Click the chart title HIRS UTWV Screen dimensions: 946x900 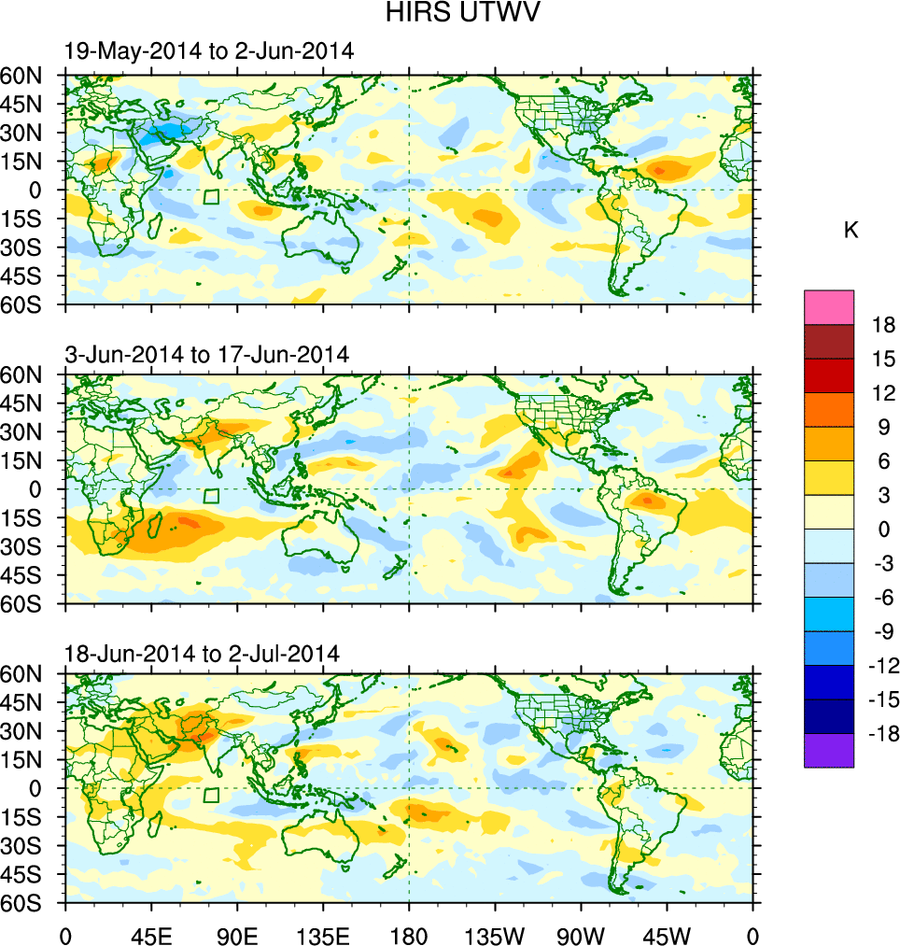click(451, 13)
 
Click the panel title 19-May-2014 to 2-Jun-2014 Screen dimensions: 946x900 click(209, 52)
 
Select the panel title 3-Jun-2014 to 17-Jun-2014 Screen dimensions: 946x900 click(206, 354)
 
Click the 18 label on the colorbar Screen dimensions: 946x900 click(883, 325)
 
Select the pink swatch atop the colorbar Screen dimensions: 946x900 click(828, 306)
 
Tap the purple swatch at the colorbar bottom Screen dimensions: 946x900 click(828, 750)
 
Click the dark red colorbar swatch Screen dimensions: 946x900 click(828, 341)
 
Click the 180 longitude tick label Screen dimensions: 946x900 click(409, 934)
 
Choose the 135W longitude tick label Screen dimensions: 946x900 click(495, 934)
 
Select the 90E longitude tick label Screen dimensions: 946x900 click(237, 934)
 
